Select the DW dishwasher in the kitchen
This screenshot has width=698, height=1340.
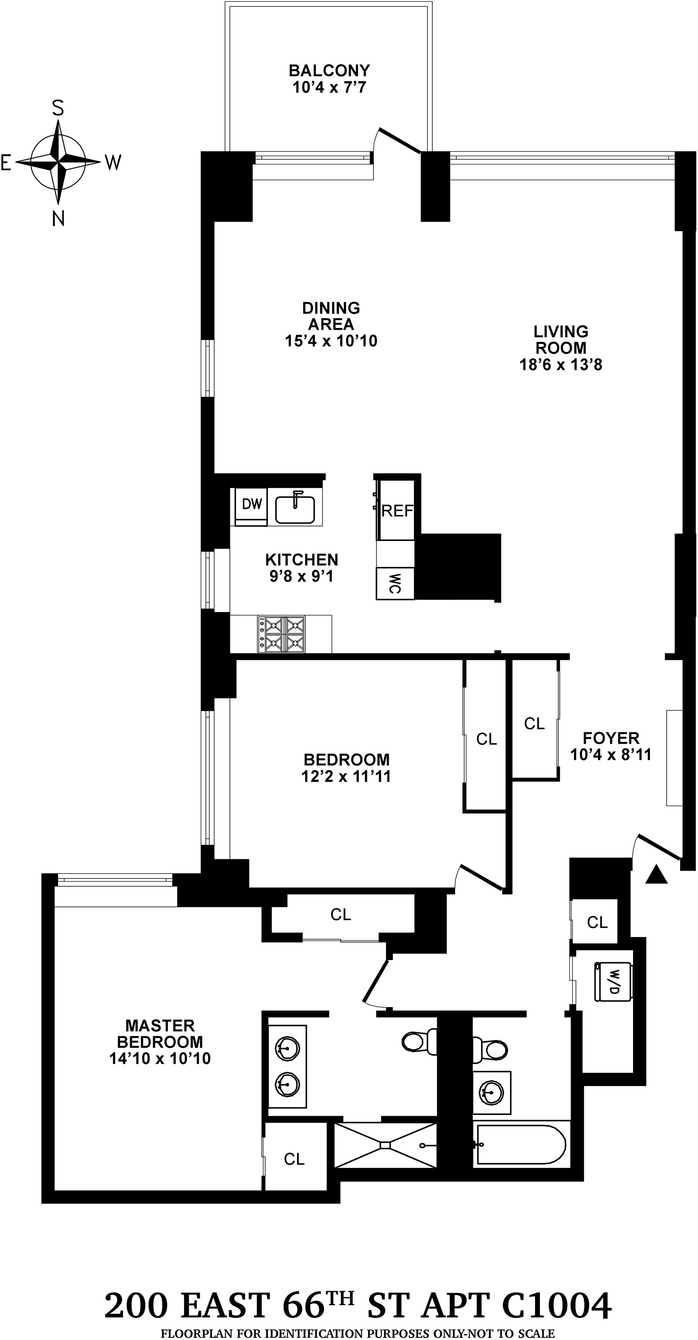(x=252, y=504)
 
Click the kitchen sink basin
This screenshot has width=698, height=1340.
(x=295, y=509)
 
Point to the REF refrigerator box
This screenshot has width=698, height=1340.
(x=397, y=510)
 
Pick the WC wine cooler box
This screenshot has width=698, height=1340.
(x=395, y=584)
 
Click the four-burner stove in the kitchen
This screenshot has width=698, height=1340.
(x=281, y=634)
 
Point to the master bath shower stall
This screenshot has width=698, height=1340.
(x=385, y=1145)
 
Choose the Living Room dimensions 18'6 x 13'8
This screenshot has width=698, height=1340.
(x=561, y=365)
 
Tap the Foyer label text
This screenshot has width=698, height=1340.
(x=611, y=738)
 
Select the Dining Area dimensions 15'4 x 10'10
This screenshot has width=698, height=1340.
(x=331, y=341)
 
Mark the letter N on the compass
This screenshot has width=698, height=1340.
(x=58, y=219)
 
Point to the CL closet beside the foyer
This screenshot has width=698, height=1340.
(x=534, y=724)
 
